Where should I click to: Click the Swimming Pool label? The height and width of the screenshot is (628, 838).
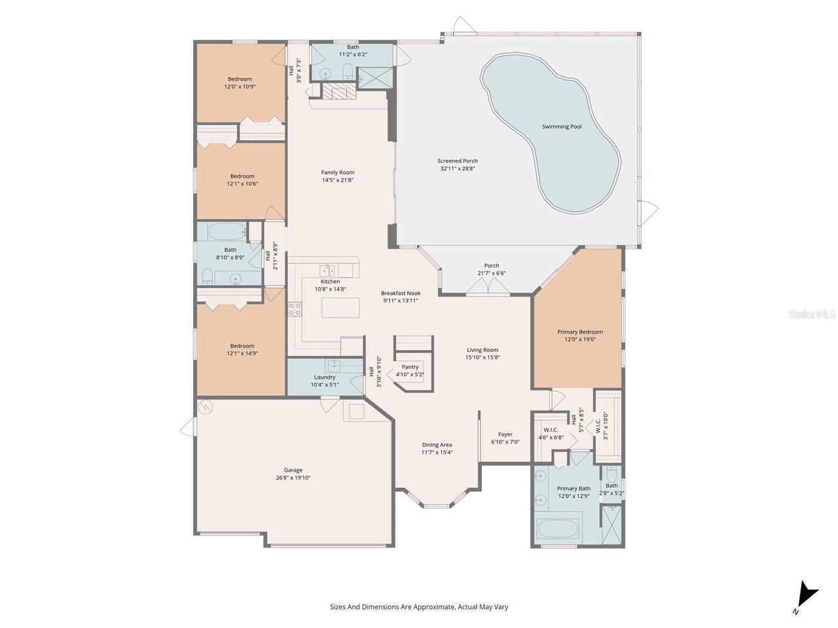pos(562,127)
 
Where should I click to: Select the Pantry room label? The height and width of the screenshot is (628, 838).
pos(410,367)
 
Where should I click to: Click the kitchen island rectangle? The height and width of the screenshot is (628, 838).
pos(340,307)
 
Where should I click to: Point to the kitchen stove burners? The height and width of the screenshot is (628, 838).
pos(295,309)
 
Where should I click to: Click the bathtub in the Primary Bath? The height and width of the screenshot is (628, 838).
pos(558,530)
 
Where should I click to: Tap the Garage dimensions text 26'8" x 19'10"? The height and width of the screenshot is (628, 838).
pos(293,478)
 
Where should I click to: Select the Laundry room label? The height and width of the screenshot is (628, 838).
pos(325,377)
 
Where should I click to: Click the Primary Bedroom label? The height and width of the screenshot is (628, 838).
pos(580,332)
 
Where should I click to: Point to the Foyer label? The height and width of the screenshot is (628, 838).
pos(505,434)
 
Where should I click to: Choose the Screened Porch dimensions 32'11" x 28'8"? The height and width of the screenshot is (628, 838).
pos(458,168)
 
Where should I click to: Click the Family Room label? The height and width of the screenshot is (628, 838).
pos(337,172)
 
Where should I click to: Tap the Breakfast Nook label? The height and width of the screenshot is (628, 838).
pos(401,293)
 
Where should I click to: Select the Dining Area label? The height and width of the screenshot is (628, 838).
pos(437,445)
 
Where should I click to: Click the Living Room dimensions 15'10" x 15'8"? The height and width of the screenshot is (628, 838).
pos(483,357)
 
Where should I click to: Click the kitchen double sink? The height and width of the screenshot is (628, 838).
pos(327,270)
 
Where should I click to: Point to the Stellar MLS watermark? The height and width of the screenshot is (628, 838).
pos(811,315)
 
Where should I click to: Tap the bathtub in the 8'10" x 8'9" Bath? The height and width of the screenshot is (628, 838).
pos(227,232)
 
